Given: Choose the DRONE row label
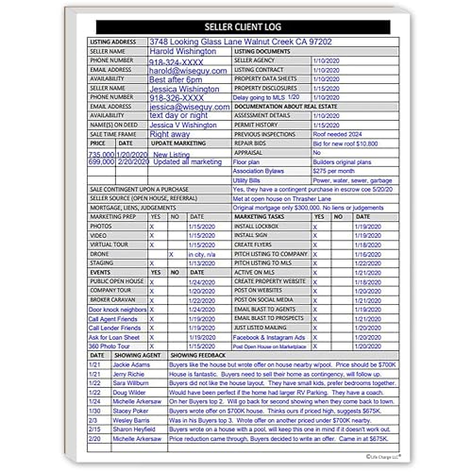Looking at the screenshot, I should (100, 254).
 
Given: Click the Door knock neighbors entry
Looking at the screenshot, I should (117, 310).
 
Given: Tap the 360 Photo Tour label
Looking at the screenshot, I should (110, 346).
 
